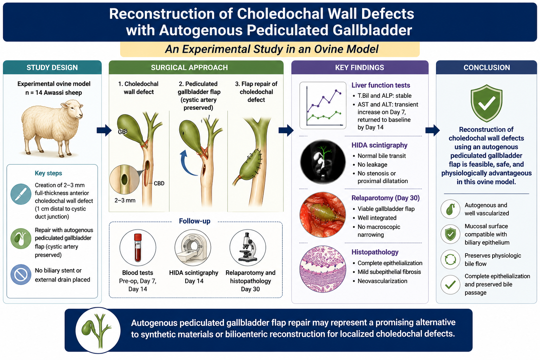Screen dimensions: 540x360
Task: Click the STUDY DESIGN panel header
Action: point(52,67)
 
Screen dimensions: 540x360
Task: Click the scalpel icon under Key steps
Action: point(21,194)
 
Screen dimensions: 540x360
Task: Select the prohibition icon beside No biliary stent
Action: point(21,275)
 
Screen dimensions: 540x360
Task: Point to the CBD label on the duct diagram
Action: point(159,184)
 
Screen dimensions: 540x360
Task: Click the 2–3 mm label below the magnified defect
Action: point(125,200)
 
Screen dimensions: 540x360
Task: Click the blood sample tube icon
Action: point(138,247)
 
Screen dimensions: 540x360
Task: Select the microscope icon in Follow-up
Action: point(247,247)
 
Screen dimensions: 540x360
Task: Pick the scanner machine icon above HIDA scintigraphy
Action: point(193,247)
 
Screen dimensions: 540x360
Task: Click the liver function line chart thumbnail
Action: point(323,105)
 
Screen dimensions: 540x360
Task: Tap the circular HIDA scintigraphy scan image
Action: point(323,162)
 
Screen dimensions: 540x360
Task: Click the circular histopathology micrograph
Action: point(323,269)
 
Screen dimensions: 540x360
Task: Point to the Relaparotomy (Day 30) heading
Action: point(385,198)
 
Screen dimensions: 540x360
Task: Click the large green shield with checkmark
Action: point(487,103)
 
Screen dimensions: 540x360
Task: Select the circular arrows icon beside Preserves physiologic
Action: point(450,259)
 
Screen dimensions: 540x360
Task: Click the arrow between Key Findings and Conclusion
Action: point(432,130)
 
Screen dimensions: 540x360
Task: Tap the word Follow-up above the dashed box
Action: point(194,221)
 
